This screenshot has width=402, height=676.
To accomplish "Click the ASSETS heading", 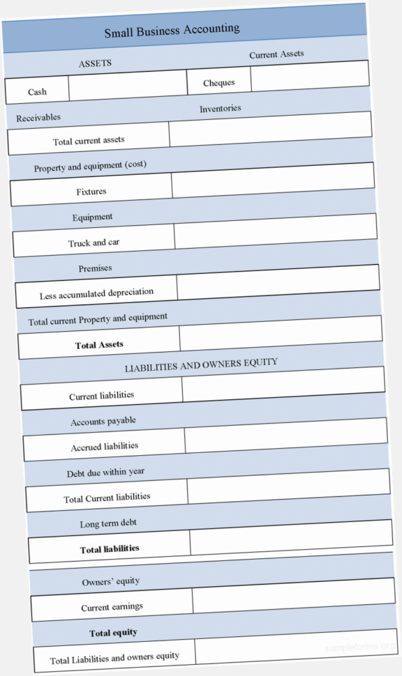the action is click(95, 63).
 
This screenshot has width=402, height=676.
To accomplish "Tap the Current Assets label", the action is click(276, 54).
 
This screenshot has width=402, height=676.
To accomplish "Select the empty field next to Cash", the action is click(128, 86).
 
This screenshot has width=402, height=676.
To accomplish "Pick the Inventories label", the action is click(221, 109).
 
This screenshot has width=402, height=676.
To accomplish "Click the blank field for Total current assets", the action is click(271, 128).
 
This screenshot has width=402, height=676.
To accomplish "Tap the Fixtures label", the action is click(91, 191).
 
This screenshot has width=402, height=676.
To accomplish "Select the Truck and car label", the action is click(94, 243).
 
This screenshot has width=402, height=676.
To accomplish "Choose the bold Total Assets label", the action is click(100, 344).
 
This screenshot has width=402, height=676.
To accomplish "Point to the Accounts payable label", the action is click(103, 421).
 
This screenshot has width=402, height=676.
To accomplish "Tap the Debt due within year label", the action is click(106, 473).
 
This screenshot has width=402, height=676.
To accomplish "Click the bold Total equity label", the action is click(113, 633).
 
